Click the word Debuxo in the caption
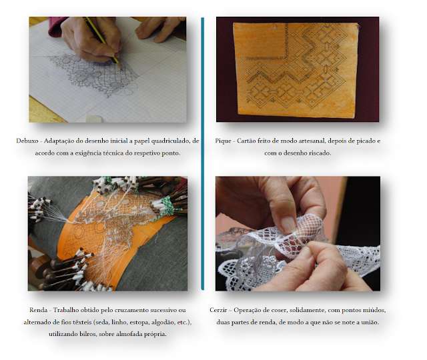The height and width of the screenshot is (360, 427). [x=27, y=141]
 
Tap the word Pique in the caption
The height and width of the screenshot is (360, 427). [x=223, y=141]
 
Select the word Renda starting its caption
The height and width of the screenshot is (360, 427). [x=39, y=310]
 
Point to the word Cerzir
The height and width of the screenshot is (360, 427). [x=218, y=310]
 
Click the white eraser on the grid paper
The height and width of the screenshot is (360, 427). [x=94, y=119]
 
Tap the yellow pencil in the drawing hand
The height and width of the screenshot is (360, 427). [x=102, y=42]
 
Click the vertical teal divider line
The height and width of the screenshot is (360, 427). [x=202, y=153]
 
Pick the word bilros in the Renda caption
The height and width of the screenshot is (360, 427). [x=87, y=334]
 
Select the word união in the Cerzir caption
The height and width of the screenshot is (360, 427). [x=370, y=322]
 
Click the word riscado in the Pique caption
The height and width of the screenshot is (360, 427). [x=320, y=153]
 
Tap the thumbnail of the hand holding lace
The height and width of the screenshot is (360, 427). [x=298, y=233]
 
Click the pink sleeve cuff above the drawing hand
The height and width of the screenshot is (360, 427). [x=57, y=27]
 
